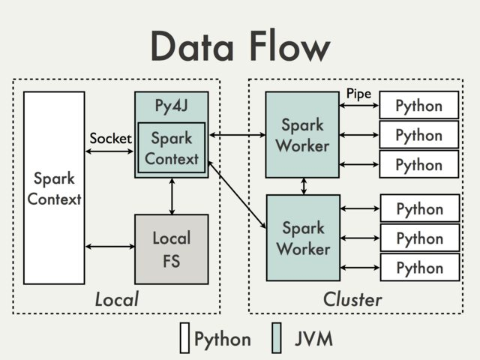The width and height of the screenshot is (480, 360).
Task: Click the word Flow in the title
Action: tap(286, 46)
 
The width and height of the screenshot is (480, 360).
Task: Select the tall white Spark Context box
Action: tap(54, 187)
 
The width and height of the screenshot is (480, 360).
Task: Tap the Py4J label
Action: tap(172, 105)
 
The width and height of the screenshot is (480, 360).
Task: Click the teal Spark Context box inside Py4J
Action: tap(172, 148)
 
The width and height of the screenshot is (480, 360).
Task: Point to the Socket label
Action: tap(110, 139)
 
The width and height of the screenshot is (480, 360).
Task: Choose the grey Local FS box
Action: tap(172, 249)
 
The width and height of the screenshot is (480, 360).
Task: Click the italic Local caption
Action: tap(116, 299)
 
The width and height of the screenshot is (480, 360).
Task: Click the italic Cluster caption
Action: tap(352, 299)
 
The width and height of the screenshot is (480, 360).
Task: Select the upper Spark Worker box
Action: tap(302, 134)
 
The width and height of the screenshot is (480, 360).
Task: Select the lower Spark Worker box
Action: tap(302, 238)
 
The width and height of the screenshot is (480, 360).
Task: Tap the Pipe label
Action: tap(358, 94)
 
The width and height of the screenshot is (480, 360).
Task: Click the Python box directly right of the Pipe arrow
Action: tap(418, 106)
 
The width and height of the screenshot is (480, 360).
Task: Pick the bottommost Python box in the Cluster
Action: tap(418, 268)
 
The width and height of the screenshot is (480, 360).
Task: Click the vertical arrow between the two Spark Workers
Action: tap(303, 186)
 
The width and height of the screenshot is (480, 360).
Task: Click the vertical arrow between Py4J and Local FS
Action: tap(172, 196)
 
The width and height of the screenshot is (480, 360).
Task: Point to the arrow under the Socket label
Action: tap(111, 152)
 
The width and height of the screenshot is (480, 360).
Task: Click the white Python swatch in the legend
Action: tap(184, 338)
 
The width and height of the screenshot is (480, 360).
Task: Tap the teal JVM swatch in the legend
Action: tap(277, 338)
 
